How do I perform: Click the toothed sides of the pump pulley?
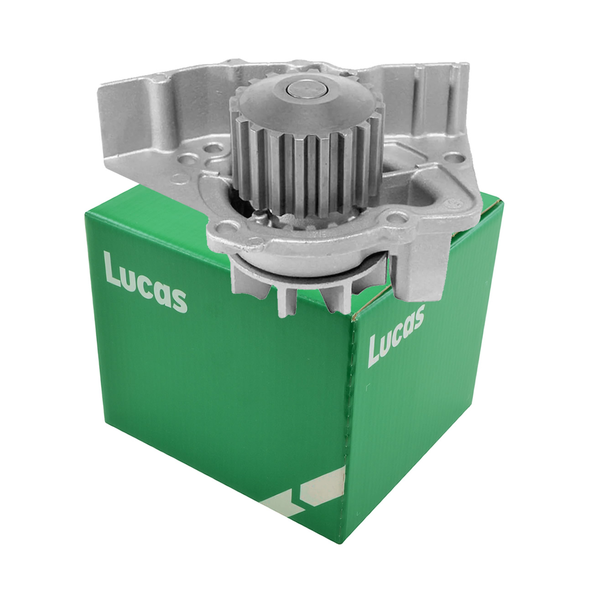307,169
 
